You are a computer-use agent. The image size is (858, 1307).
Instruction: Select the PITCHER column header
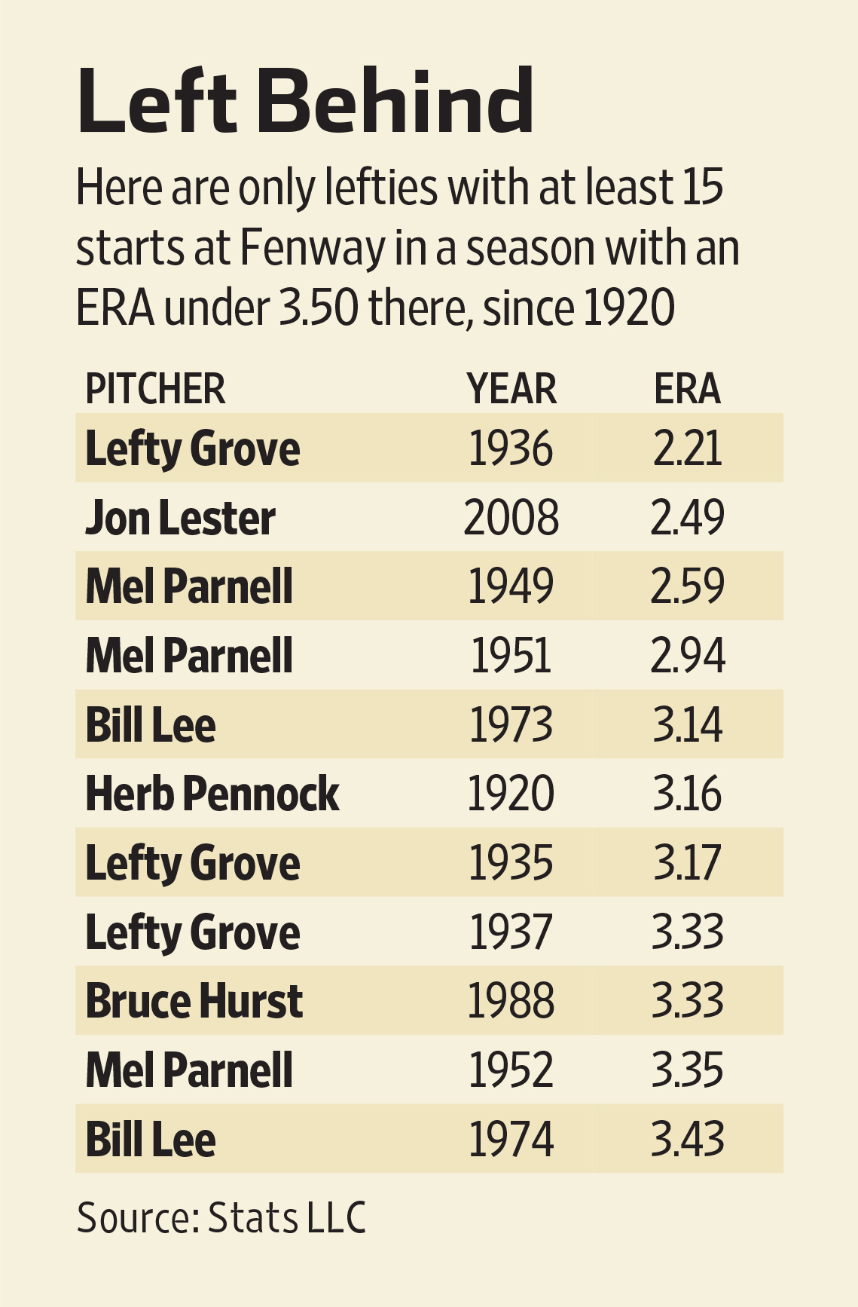(x=155, y=389)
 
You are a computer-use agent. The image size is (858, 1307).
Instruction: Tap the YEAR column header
(x=511, y=389)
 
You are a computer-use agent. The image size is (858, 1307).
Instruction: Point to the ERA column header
(x=687, y=389)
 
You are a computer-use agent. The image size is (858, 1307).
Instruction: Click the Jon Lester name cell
(x=181, y=519)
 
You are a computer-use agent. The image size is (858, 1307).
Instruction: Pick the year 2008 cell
(x=511, y=519)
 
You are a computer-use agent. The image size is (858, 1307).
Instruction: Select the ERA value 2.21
(x=687, y=449)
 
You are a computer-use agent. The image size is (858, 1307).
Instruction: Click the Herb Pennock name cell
(x=212, y=794)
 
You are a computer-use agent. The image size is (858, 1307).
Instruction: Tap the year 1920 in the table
(x=511, y=794)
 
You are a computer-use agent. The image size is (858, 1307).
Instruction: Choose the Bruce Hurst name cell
(x=194, y=1001)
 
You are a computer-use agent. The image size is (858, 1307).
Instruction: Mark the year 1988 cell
(x=511, y=1001)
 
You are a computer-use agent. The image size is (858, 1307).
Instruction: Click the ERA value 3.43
(x=687, y=1139)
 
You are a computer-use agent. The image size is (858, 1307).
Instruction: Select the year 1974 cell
(x=511, y=1139)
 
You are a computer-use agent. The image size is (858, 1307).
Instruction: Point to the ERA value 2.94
(x=687, y=656)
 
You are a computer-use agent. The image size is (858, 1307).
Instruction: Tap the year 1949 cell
(x=511, y=586)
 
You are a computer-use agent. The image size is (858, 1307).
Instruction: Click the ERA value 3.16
(x=687, y=794)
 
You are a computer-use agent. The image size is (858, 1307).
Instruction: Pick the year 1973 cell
(x=511, y=725)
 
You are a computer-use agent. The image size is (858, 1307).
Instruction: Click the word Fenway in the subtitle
(x=312, y=249)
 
